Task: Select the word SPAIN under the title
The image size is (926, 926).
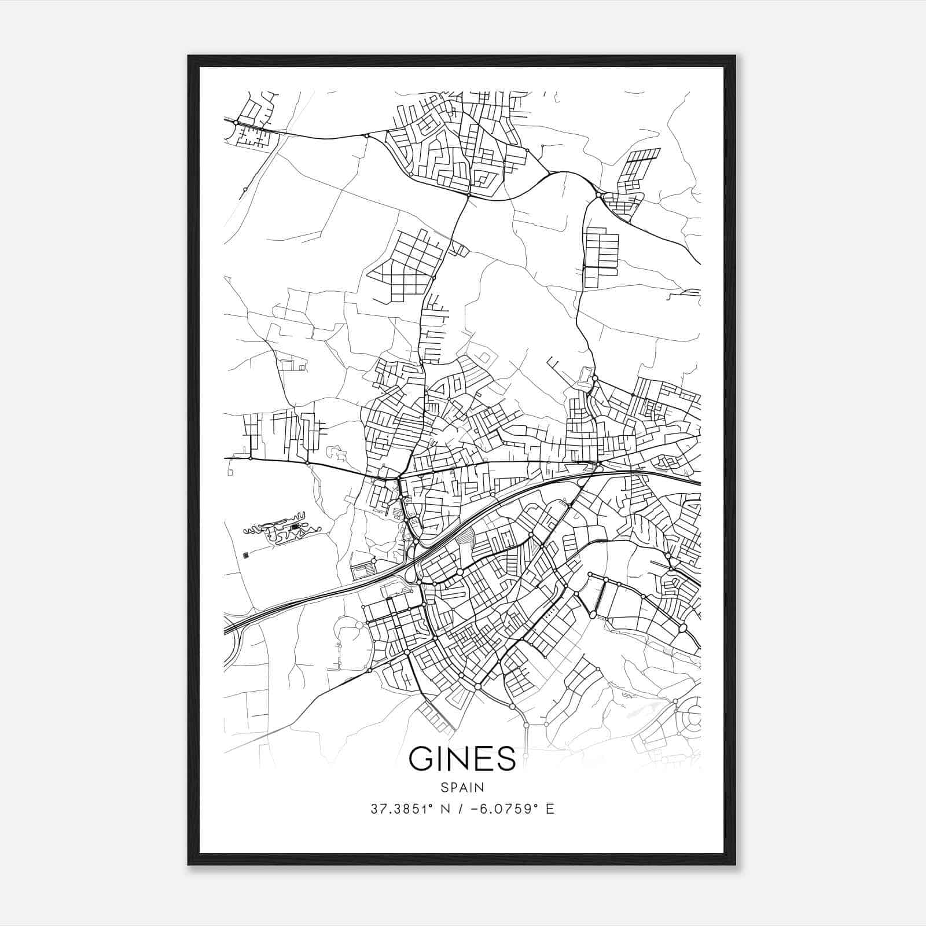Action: tap(462, 787)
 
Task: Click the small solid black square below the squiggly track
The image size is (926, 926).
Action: tap(247, 556)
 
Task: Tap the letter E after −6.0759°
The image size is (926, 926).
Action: tap(550, 809)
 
